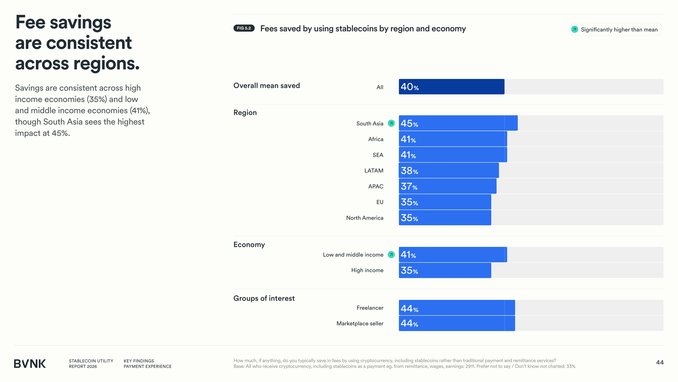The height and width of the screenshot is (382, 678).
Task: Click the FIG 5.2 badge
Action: (x=244, y=28)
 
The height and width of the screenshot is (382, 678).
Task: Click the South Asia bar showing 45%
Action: (x=458, y=123)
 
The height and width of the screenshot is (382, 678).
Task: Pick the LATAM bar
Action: (x=449, y=170)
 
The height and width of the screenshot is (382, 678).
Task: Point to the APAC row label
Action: (x=376, y=186)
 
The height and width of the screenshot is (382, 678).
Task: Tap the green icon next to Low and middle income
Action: (x=391, y=255)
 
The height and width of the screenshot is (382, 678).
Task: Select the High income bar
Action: (x=445, y=270)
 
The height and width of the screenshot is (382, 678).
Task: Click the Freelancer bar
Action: (x=457, y=308)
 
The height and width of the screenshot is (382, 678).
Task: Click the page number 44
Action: (x=660, y=363)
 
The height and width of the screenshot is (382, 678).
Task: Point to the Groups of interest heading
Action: (x=264, y=298)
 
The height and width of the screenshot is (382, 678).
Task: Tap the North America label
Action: (x=365, y=218)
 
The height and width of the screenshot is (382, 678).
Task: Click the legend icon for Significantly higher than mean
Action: (x=575, y=29)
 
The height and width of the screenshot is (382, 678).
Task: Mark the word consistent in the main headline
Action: (x=89, y=43)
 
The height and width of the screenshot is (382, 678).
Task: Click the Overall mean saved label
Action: (x=267, y=86)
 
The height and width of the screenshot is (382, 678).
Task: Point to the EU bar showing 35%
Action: (x=445, y=202)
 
